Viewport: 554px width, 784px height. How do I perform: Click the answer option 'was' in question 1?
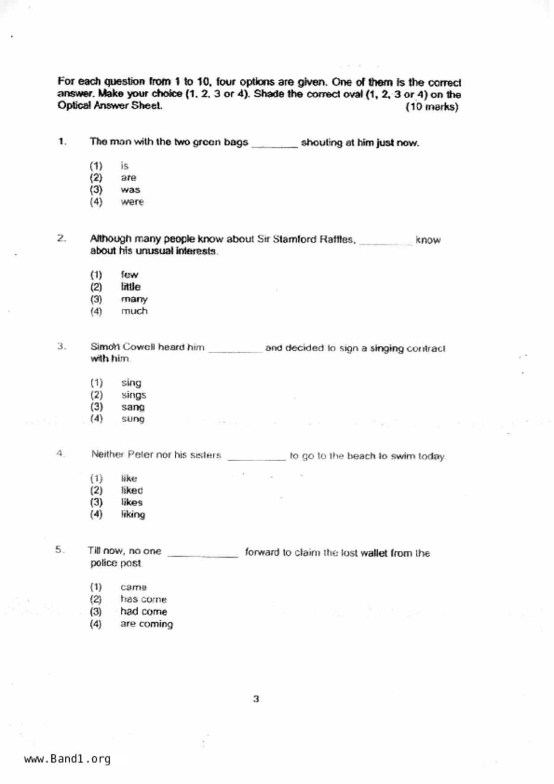(130, 190)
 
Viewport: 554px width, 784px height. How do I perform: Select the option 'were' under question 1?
(132, 202)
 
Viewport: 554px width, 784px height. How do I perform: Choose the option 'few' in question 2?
(129, 274)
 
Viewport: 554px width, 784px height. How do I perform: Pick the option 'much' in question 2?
(134, 311)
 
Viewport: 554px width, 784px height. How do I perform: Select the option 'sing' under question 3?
(131, 383)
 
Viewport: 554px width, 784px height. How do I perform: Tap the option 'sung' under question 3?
(133, 419)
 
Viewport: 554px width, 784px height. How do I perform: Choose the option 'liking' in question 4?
(133, 514)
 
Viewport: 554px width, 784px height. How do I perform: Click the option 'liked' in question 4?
(132, 490)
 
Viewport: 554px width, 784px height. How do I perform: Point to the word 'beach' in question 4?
(361, 456)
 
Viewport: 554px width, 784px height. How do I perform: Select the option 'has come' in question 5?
(143, 599)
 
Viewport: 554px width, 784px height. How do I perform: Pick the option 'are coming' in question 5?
(146, 624)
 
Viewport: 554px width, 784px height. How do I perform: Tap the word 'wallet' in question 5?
(374, 553)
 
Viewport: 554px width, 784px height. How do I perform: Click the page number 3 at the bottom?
(256, 699)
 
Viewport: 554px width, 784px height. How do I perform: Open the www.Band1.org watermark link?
(67, 759)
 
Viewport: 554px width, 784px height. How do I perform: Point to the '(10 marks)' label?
(431, 107)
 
